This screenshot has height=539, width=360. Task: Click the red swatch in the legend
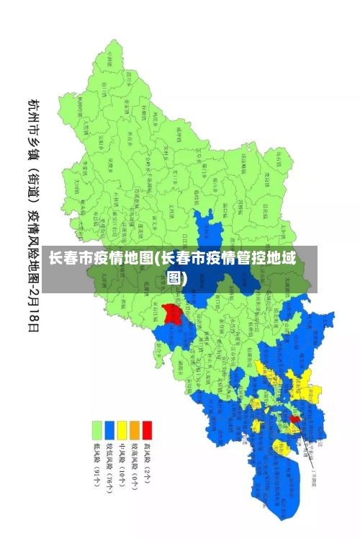(148, 429)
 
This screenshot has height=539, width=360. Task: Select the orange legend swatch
(135, 429)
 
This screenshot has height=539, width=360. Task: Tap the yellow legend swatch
(122, 429)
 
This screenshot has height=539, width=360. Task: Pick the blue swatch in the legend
(109, 429)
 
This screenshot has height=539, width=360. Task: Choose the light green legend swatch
(96, 429)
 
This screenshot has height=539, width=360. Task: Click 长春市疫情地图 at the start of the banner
(101, 258)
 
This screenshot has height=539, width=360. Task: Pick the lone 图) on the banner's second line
(179, 278)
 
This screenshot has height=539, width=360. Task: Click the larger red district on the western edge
(171, 313)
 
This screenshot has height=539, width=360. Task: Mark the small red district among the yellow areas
(294, 418)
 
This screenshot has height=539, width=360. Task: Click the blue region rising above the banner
(210, 231)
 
